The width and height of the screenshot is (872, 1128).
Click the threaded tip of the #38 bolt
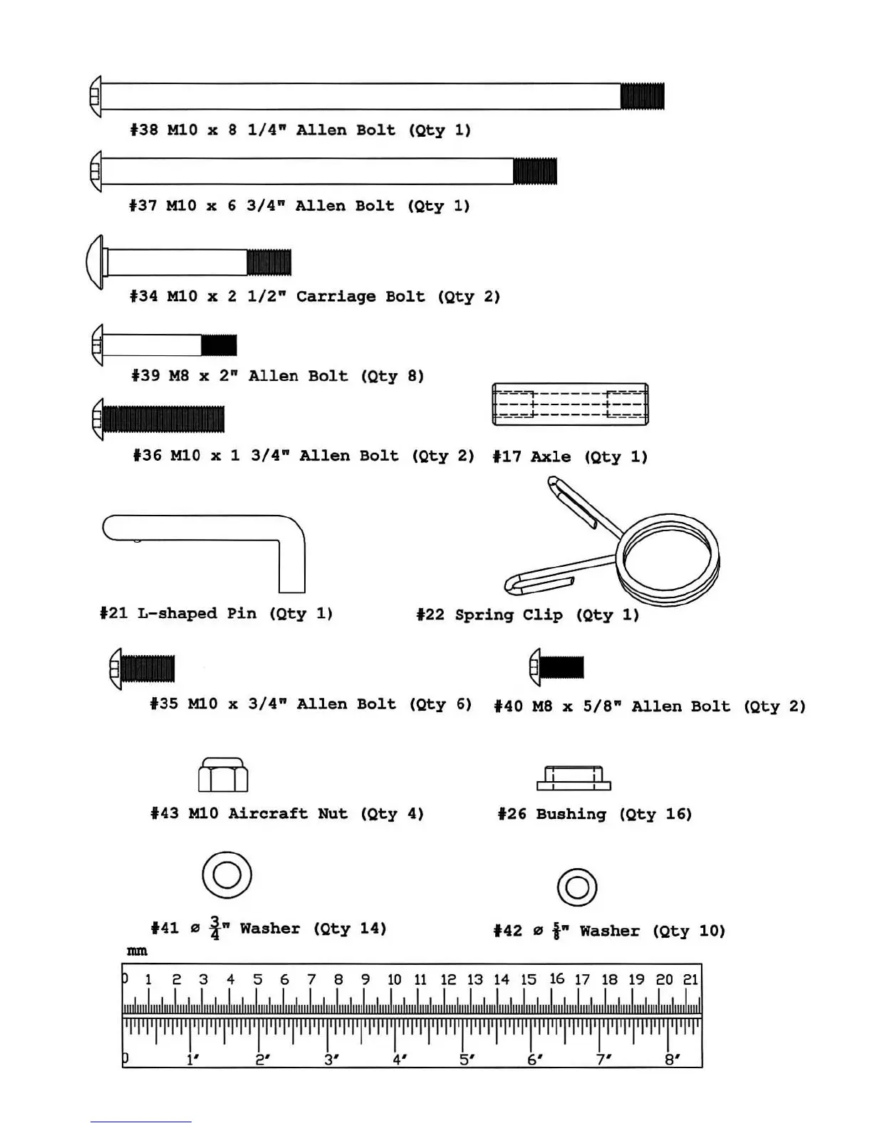point(642,96)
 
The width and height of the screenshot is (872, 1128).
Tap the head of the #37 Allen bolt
point(96,172)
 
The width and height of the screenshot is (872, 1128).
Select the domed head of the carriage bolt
point(95,262)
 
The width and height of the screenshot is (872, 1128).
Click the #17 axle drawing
point(570,404)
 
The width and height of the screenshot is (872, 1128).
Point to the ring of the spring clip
point(670,555)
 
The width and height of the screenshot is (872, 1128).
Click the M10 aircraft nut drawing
point(223,775)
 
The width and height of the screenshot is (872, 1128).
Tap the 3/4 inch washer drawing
point(227,874)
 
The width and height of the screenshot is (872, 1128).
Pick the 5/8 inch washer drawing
point(577,887)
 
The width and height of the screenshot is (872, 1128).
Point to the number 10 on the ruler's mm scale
point(394,980)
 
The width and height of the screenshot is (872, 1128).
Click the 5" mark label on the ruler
point(467,1060)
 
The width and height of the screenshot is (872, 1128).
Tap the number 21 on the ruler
point(690,980)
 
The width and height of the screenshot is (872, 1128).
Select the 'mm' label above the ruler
point(137,951)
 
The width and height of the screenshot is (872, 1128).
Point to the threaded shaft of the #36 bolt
point(164,419)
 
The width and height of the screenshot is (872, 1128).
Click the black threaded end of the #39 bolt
point(219,345)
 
